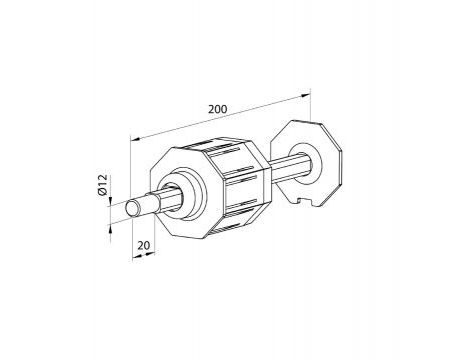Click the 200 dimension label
(x=217, y=109)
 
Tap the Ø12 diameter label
(x=103, y=185)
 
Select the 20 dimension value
(x=144, y=246)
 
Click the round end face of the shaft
(x=133, y=208)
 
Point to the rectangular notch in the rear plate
(x=304, y=201)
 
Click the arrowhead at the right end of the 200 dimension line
(x=305, y=96)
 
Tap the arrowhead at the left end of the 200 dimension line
(x=136, y=139)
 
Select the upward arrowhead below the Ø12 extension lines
(x=111, y=228)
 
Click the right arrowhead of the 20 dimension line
(x=151, y=254)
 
